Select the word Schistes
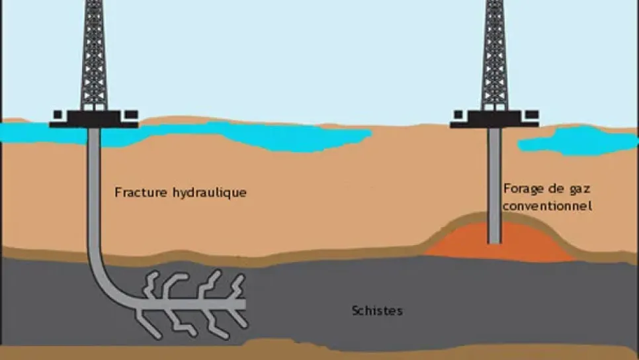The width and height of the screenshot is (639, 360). [x=377, y=310]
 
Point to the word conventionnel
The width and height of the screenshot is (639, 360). [x=546, y=206]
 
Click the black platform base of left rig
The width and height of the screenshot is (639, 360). [x=93, y=119]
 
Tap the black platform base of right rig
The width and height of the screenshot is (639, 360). [x=495, y=119]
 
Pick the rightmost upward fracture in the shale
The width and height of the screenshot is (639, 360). [x=236, y=285]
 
